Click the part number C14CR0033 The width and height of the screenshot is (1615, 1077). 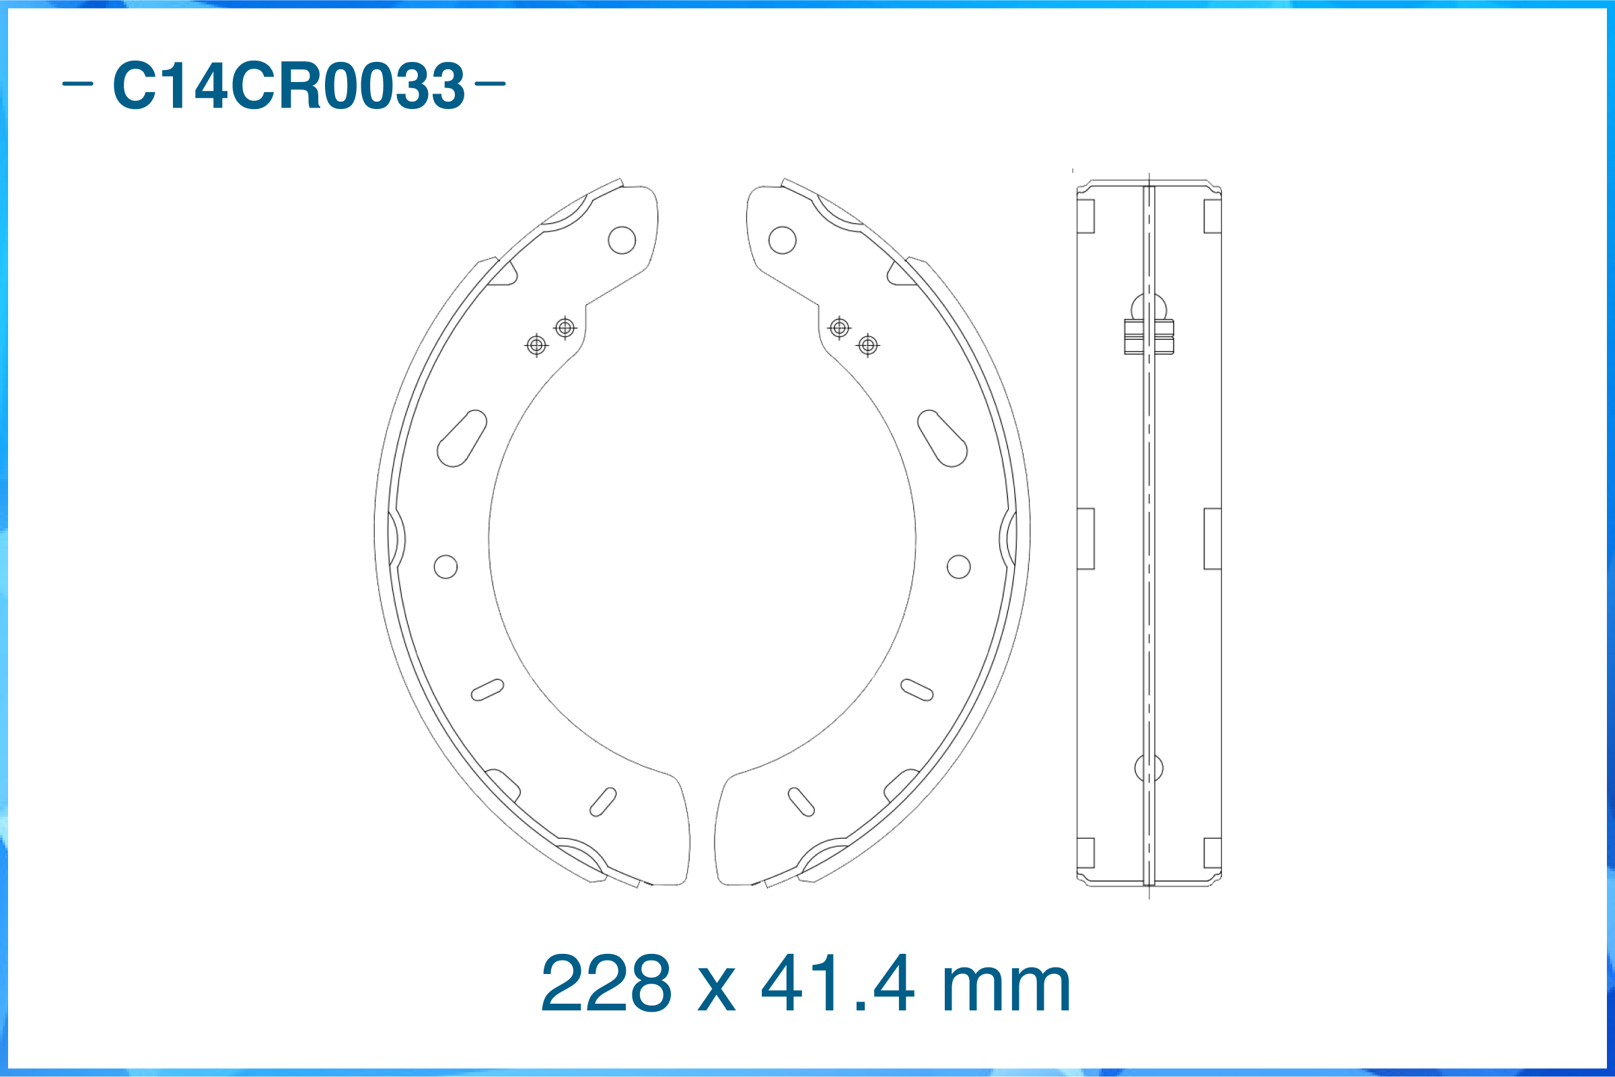[289, 85]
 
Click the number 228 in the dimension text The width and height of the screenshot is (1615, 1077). [605, 983]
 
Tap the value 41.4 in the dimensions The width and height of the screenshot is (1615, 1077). [838, 983]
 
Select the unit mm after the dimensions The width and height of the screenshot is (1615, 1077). [1007, 989]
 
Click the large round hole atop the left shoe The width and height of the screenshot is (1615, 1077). [622, 240]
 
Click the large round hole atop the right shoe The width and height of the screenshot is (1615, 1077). [783, 240]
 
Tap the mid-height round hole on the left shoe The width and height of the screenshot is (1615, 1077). [446, 566]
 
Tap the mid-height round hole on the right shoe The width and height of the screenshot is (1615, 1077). [958, 566]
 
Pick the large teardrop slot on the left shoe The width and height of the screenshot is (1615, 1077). [462, 439]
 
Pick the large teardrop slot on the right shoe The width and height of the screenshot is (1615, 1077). [943, 439]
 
